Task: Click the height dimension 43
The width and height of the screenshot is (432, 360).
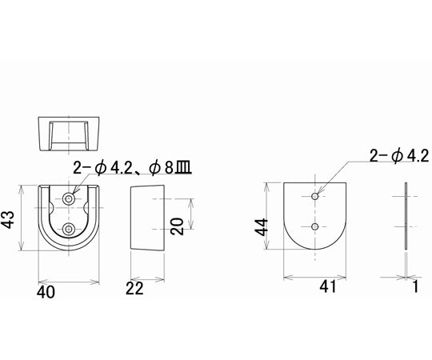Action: pos(12,218)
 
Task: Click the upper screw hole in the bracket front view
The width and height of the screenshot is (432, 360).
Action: pos(70,198)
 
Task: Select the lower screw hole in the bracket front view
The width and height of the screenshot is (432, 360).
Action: pos(70,230)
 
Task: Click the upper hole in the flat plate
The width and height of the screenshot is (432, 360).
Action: pos(316,195)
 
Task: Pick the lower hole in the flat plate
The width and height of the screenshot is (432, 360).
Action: pos(316,227)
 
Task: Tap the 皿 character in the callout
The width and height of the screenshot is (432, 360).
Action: pos(189,168)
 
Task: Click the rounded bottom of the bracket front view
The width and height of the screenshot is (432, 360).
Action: pos(70,248)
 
